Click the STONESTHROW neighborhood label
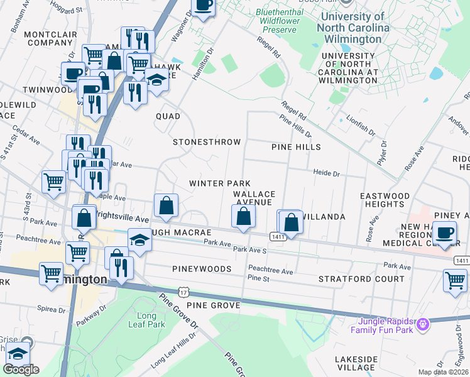207,142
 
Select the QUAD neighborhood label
168,116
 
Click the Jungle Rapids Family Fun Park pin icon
424,324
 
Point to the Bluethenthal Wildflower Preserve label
283,20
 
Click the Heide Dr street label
327,173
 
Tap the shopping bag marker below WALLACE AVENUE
244,217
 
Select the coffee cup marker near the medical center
445,232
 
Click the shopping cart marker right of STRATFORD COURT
455,280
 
